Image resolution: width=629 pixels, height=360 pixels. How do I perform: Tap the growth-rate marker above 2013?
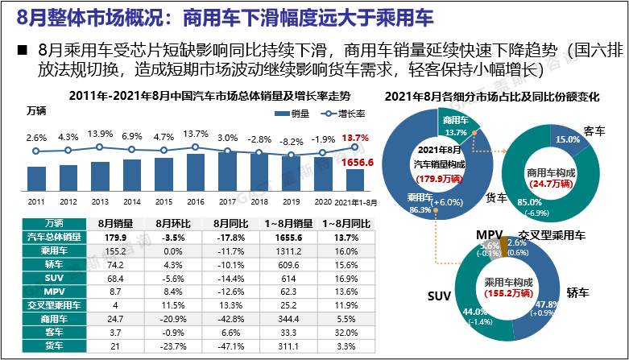[x=100, y=147]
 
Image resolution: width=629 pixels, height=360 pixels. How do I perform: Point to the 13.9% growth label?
[x=100, y=134]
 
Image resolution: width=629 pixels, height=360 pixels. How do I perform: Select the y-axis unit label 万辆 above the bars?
[x=37, y=110]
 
